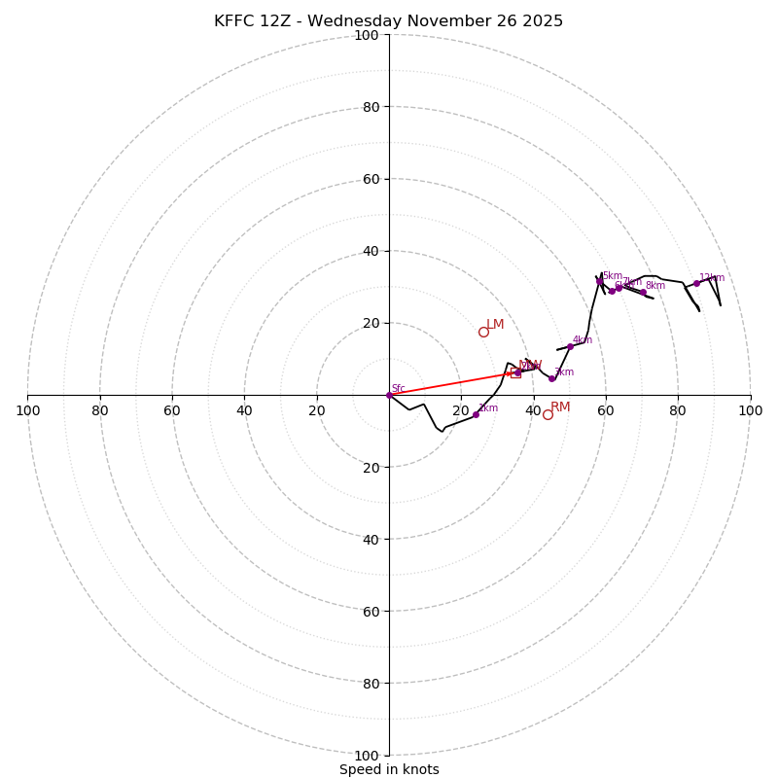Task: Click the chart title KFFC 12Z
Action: tap(388, 21)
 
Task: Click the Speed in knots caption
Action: tap(389, 769)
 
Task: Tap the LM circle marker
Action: tap(483, 332)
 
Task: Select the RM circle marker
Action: tap(548, 414)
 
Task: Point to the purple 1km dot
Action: tap(476, 414)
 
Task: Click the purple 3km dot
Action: tap(551, 378)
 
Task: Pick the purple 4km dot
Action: tap(570, 346)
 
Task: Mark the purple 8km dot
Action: tap(643, 292)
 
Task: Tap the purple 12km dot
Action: tap(696, 283)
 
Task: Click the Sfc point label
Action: tap(398, 388)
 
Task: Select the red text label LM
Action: tap(495, 324)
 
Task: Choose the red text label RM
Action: tap(560, 407)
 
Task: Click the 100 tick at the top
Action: tap(367, 35)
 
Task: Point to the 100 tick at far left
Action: tap(27, 410)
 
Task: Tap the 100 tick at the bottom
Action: tap(367, 756)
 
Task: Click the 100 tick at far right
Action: tap(750, 410)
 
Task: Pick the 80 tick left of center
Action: tap(100, 410)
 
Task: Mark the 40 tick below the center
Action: tap(371, 539)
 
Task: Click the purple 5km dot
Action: tap(599, 281)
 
